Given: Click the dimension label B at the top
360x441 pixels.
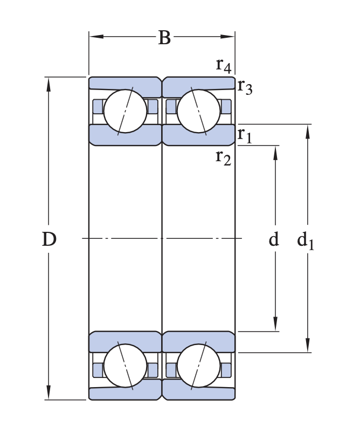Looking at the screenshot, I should tap(164, 38).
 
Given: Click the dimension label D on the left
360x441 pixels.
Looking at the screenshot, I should tap(49, 239).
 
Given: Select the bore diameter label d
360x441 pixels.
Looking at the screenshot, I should tap(274, 239).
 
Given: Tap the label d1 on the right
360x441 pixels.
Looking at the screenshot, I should tap(306, 240).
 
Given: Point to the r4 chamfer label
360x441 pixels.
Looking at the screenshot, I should tap(224, 65).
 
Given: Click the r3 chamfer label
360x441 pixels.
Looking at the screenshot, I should tap(245, 86).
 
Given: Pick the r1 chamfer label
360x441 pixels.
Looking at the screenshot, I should tap(245, 135).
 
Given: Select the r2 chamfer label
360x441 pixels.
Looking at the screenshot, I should tap(224, 157).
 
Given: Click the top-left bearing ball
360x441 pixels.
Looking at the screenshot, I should tap(125, 111).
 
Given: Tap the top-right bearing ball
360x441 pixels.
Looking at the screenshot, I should tap(198, 111).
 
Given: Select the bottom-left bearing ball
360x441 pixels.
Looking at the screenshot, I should tap(125, 366).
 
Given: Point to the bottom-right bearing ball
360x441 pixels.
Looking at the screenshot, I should tap(198, 366).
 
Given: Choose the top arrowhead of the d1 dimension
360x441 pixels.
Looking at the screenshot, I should tap(308, 130).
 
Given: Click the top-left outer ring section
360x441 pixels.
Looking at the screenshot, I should tap(124, 83).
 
